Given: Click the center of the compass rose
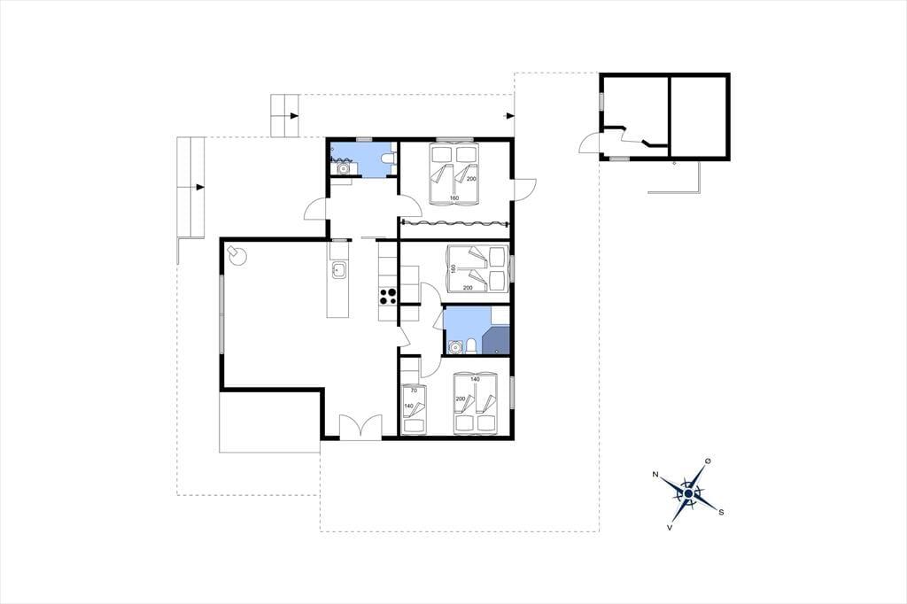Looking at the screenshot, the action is pos(688,493).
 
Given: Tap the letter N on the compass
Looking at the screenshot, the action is pos(655,475).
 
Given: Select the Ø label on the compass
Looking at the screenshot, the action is pos(708,461).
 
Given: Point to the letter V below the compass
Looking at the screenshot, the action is pos(670,528).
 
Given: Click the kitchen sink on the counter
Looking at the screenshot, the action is pos(338,269).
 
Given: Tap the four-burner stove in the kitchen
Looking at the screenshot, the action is pos(388,296).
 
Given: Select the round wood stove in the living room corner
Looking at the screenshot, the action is pos(236,254).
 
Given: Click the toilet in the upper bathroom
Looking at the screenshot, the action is pos(388,158).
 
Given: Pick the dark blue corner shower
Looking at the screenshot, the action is pos(496,340).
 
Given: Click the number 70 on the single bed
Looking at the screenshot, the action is pos(414,391).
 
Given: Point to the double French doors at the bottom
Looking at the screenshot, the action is pos(360,427).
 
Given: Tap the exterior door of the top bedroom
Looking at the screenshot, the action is pos(524,190).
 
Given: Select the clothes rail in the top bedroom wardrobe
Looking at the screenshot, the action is pos(454,223).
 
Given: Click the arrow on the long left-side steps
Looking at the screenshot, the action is pos(200,187).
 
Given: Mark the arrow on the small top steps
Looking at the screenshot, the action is pos(294,116).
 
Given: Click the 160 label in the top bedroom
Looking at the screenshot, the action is pos(454,198).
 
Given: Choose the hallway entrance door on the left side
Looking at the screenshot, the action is pos(316,209).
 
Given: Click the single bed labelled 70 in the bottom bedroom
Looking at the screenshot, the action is pos(414,409).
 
